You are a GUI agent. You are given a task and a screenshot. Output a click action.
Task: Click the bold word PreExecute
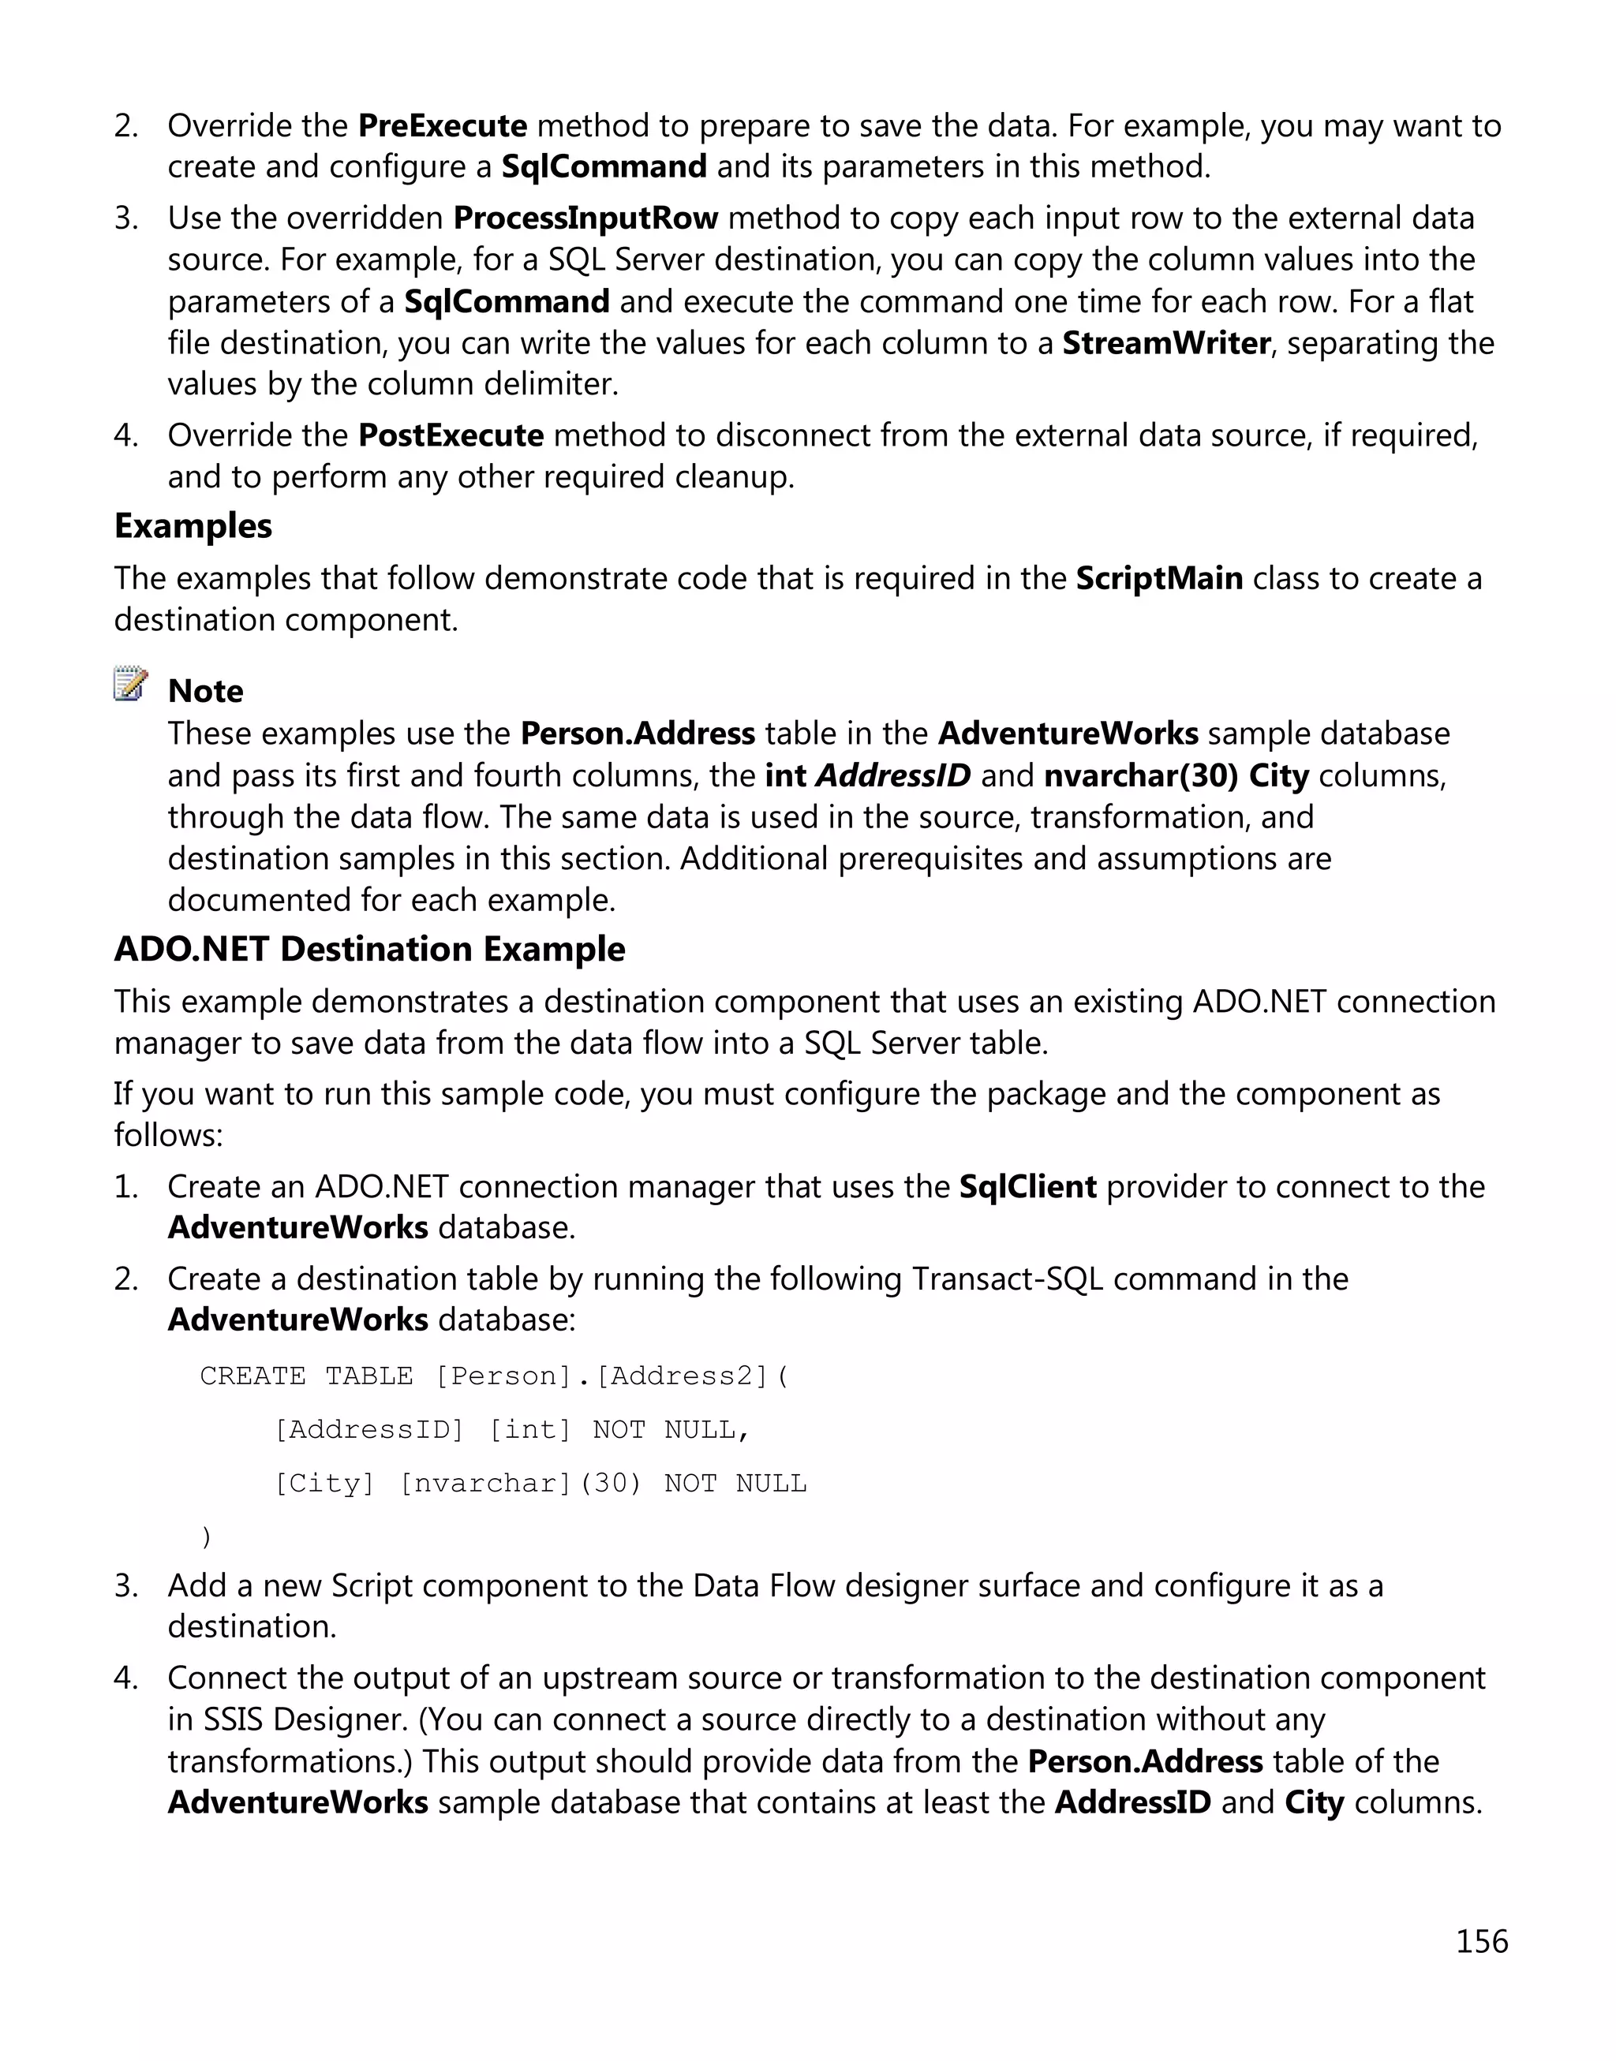tap(442, 125)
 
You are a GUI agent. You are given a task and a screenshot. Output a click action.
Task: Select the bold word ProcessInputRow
tap(585, 218)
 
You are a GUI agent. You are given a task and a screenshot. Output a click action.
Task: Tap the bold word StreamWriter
tap(1165, 343)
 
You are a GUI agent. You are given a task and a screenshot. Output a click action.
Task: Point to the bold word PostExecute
tap(451, 435)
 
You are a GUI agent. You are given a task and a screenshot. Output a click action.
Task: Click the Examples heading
tap(193, 526)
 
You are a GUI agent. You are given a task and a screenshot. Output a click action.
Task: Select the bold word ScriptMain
tap(1159, 578)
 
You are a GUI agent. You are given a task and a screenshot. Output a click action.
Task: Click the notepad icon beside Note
tap(130, 684)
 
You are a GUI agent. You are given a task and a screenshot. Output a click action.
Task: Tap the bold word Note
tap(205, 692)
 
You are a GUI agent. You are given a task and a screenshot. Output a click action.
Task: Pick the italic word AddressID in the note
tap(893, 775)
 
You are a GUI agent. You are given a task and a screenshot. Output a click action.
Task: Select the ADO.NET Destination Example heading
tap(369, 950)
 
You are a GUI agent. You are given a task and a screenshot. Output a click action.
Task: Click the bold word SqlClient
tap(1027, 1187)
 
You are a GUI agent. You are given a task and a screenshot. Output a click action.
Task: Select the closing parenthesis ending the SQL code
tap(206, 1537)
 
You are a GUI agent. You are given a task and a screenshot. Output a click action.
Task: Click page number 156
tap(1481, 1941)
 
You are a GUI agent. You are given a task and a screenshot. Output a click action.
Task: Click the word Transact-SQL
tap(1008, 1279)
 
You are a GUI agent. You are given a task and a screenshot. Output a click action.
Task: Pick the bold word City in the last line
tap(1313, 1803)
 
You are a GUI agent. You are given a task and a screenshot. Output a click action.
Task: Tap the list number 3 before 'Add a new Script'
tap(125, 1586)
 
